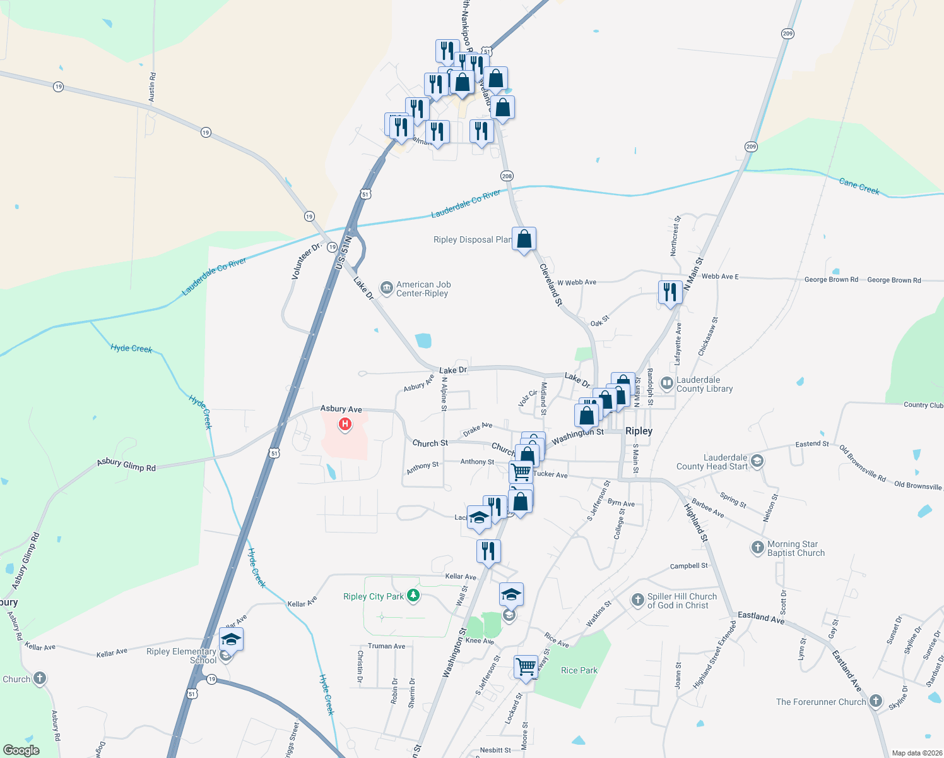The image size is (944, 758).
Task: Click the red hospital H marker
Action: click(x=345, y=424)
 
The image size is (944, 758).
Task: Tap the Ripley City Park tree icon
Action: click(x=413, y=596)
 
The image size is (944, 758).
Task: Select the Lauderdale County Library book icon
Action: click(x=666, y=383)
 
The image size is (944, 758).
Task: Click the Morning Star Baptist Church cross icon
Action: click(x=758, y=548)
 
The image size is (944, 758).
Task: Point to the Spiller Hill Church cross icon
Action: click(x=637, y=599)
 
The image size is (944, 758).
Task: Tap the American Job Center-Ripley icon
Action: click(x=386, y=289)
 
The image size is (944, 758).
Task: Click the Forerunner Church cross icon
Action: click(x=875, y=701)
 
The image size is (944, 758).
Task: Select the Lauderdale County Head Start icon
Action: click(x=757, y=462)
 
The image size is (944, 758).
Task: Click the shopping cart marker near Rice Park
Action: click(x=526, y=667)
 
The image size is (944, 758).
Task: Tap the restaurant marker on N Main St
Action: click(x=670, y=292)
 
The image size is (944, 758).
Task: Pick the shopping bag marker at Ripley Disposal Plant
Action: click(x=524, y=239)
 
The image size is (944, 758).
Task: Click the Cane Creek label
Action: click(x=859, y=186)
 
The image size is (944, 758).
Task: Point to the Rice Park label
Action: click(x=579, y=670)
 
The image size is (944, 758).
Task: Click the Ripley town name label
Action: click(x=639, y=431)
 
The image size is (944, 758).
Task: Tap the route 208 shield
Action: click(x=507, y=176)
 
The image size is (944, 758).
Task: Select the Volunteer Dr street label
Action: click(x=306, y=260)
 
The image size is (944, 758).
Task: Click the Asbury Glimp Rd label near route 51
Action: click(x=126, y=466)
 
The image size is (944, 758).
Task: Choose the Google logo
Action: click(x=21, y=750)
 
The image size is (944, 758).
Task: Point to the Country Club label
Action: click(x=923, y=405)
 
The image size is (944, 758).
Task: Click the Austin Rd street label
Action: click(x=152, y=87)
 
